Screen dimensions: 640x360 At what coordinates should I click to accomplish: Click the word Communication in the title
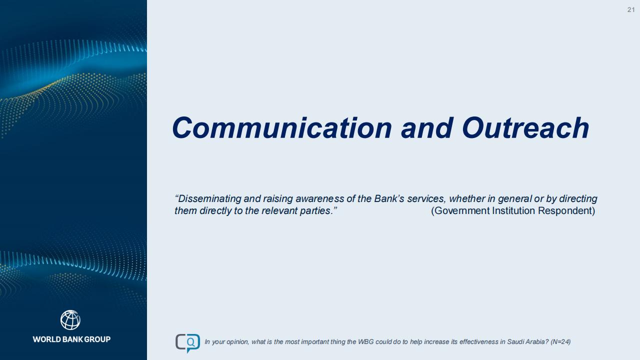tap(282, 128)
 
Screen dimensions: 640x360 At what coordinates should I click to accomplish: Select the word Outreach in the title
tap(525, 128)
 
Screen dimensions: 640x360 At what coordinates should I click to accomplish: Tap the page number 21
tap(631, 10)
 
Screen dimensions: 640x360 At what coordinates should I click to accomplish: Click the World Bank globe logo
tap(70, 320)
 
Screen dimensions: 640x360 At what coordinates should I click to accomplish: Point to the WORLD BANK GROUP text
tap(71, 339)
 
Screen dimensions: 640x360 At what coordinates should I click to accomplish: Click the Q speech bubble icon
tap(187, 343)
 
